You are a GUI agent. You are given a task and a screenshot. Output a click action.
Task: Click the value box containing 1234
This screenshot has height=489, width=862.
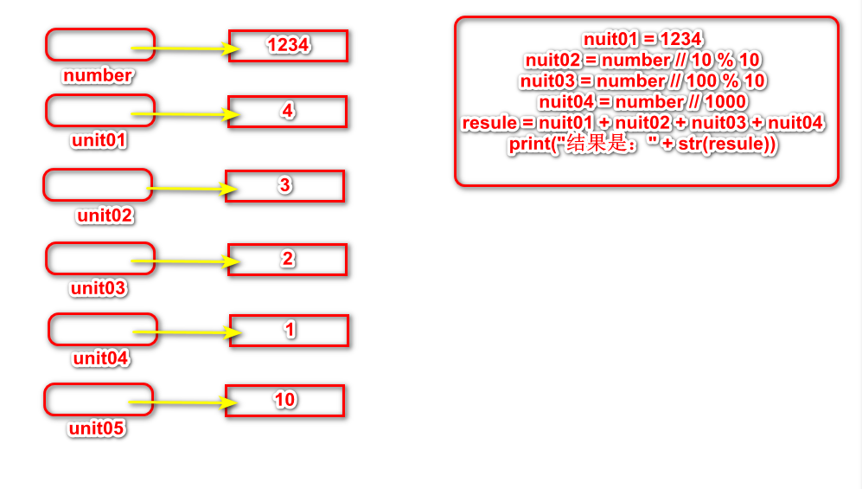[288, 46]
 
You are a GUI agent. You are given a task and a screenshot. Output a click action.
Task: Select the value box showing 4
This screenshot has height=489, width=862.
[288, 112]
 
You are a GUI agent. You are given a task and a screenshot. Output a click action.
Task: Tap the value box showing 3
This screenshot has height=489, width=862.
[285, 186]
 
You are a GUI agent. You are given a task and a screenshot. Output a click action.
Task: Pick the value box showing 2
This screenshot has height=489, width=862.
[288, 260]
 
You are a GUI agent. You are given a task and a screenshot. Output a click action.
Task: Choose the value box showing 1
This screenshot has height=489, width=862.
[289, 331]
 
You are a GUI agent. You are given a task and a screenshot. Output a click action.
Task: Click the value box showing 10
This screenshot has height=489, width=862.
[285, 400]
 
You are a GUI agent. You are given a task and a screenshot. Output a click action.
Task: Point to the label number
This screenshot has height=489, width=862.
[98, 75]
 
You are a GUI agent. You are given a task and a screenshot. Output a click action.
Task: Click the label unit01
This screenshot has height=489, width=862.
[99, 139]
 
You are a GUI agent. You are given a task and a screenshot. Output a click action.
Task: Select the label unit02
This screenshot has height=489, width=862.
[105, 216]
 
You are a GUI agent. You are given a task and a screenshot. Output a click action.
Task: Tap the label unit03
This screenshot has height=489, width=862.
[99, 288]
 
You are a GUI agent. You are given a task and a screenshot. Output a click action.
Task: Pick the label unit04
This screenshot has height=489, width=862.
[101, 357]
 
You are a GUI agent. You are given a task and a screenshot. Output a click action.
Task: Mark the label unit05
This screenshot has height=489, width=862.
[97, 428]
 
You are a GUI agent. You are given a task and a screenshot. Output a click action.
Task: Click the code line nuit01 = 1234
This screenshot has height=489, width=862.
[642, 39]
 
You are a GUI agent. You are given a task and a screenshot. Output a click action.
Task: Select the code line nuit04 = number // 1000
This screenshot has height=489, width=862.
[642, 102]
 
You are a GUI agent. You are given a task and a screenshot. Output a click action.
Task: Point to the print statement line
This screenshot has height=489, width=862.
[643, 145]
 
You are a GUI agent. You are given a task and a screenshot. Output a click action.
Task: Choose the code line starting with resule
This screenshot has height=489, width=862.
[642, 123]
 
